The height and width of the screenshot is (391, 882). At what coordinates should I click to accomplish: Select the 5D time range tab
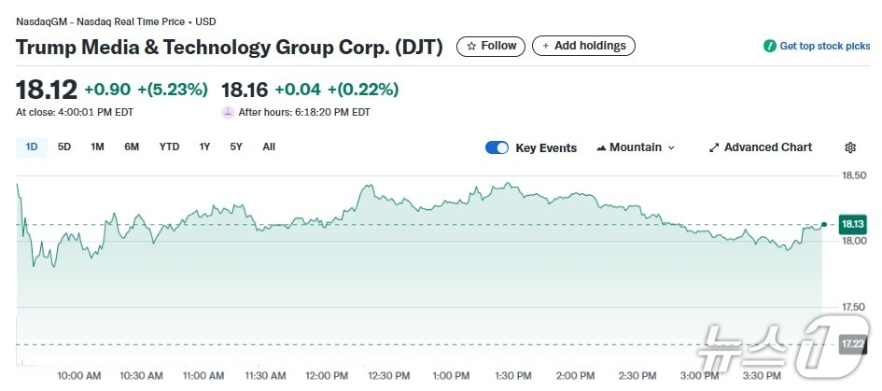click(64, 147)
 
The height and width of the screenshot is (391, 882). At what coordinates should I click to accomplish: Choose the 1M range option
click(97, 147)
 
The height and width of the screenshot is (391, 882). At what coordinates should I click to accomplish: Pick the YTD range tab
click(169, 147)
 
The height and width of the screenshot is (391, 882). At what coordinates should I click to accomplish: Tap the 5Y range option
click(236, 147)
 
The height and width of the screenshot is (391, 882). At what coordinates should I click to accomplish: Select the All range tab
click(269, 147)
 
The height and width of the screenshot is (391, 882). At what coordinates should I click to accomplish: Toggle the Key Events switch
click(497, 147)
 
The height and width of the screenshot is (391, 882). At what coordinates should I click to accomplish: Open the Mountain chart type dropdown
click(635, 147)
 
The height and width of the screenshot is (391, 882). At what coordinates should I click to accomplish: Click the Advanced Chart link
click(761, 147)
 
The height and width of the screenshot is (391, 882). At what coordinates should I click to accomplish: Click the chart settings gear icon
click(850, 147)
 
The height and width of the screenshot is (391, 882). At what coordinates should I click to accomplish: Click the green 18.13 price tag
click(853, 224)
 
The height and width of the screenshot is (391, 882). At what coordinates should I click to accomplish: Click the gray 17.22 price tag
click(853, 344)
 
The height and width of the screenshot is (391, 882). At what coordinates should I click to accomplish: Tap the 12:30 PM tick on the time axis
click(388, 375)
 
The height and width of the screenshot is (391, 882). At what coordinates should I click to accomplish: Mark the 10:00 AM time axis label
click(79, 375)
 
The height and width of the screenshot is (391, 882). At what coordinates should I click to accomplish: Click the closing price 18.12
click(45, 90)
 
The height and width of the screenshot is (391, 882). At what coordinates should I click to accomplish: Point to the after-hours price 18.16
click(245, 90)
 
